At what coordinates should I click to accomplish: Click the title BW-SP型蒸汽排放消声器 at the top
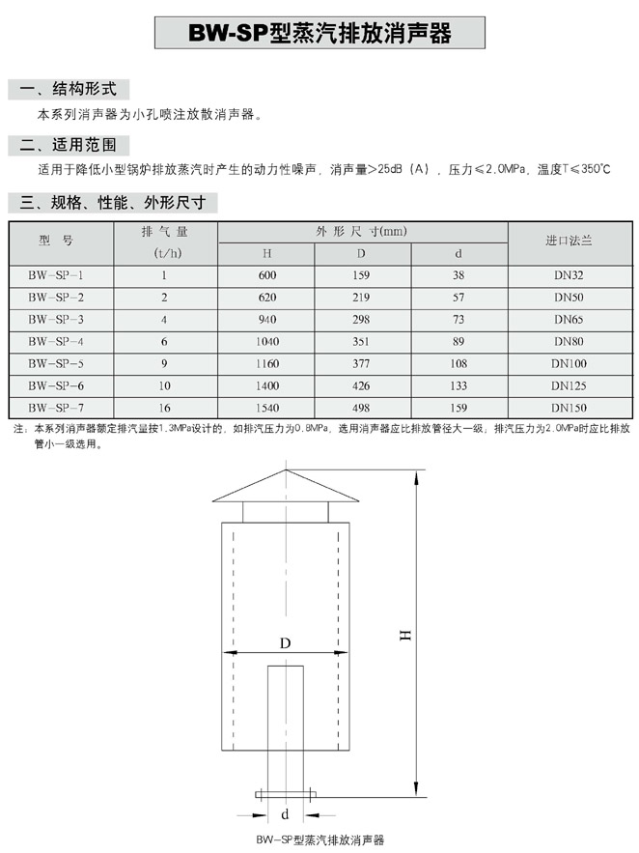(319, 33)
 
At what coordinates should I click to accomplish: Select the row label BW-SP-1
(56, 275)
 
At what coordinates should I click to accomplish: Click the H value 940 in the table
(265, 319)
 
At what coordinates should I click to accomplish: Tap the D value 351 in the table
(362, 341)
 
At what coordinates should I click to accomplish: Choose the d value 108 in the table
(460, 363)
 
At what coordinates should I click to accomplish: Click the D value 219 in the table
(362, 297)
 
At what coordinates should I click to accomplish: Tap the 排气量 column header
(164, 232)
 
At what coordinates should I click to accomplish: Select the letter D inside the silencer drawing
(286, 642)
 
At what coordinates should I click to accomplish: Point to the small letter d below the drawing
(286, 813)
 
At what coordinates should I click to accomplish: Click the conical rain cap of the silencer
(285, 488)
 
